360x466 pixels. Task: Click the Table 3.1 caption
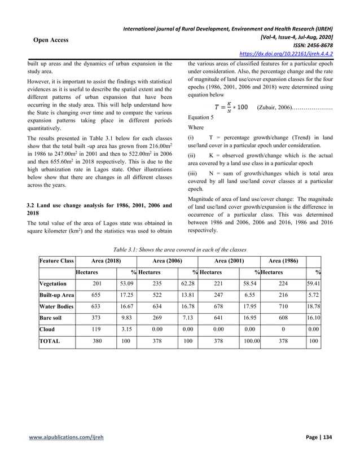click(x=179, y=248)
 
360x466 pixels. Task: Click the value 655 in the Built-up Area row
click(x=96, y=295)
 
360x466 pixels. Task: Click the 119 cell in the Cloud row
click(x=96, y=329)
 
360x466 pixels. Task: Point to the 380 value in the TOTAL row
click(x=96, y=341)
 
